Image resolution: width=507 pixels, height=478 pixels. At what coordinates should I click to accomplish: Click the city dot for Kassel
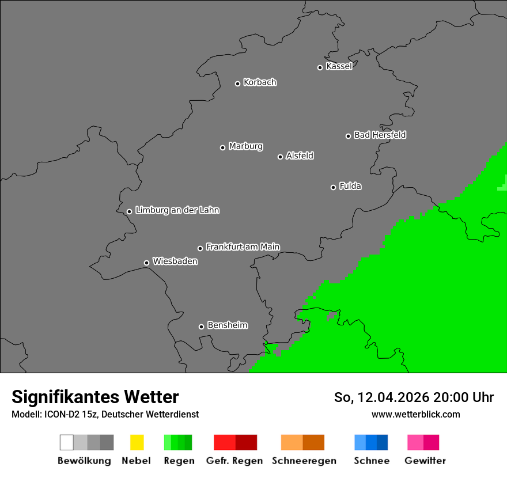[x=320, y=67]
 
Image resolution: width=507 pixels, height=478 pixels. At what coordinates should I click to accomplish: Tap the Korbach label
[x=260, y=82]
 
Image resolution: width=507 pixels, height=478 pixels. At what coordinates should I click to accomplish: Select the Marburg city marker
[x=222, y=147]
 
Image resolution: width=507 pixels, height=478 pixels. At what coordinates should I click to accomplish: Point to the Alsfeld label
[x=300, y=155]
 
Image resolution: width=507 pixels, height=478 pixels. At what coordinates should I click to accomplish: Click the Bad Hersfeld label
[x=380, y=135]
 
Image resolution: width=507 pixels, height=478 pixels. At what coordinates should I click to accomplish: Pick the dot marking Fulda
[x=333, y=187]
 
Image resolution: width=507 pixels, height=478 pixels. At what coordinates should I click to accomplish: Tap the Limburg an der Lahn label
[x=177, y=210]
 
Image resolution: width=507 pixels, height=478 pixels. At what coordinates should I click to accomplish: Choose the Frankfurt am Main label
[x=243, y=247]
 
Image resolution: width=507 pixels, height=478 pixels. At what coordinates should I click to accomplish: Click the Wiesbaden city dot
[x=146, y=263]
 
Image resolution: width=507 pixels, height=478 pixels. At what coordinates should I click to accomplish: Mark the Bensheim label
[x=227, y=325]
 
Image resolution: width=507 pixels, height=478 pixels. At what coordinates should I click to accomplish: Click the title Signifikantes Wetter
[x=95, y=397]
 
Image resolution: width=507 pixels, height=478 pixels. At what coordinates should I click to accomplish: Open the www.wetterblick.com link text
[x=416, y=414]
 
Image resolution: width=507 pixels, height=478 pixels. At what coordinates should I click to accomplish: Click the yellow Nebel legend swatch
[x=137, y=442]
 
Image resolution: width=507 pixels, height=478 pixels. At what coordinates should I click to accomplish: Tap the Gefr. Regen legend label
[x=234, y=461]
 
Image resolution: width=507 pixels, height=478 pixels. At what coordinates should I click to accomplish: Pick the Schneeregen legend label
[x=304, y=461]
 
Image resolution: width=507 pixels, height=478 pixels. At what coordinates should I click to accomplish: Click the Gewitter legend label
[x=425, y=461]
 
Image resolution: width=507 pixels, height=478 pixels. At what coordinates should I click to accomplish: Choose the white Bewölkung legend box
[x=67, y=442]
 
